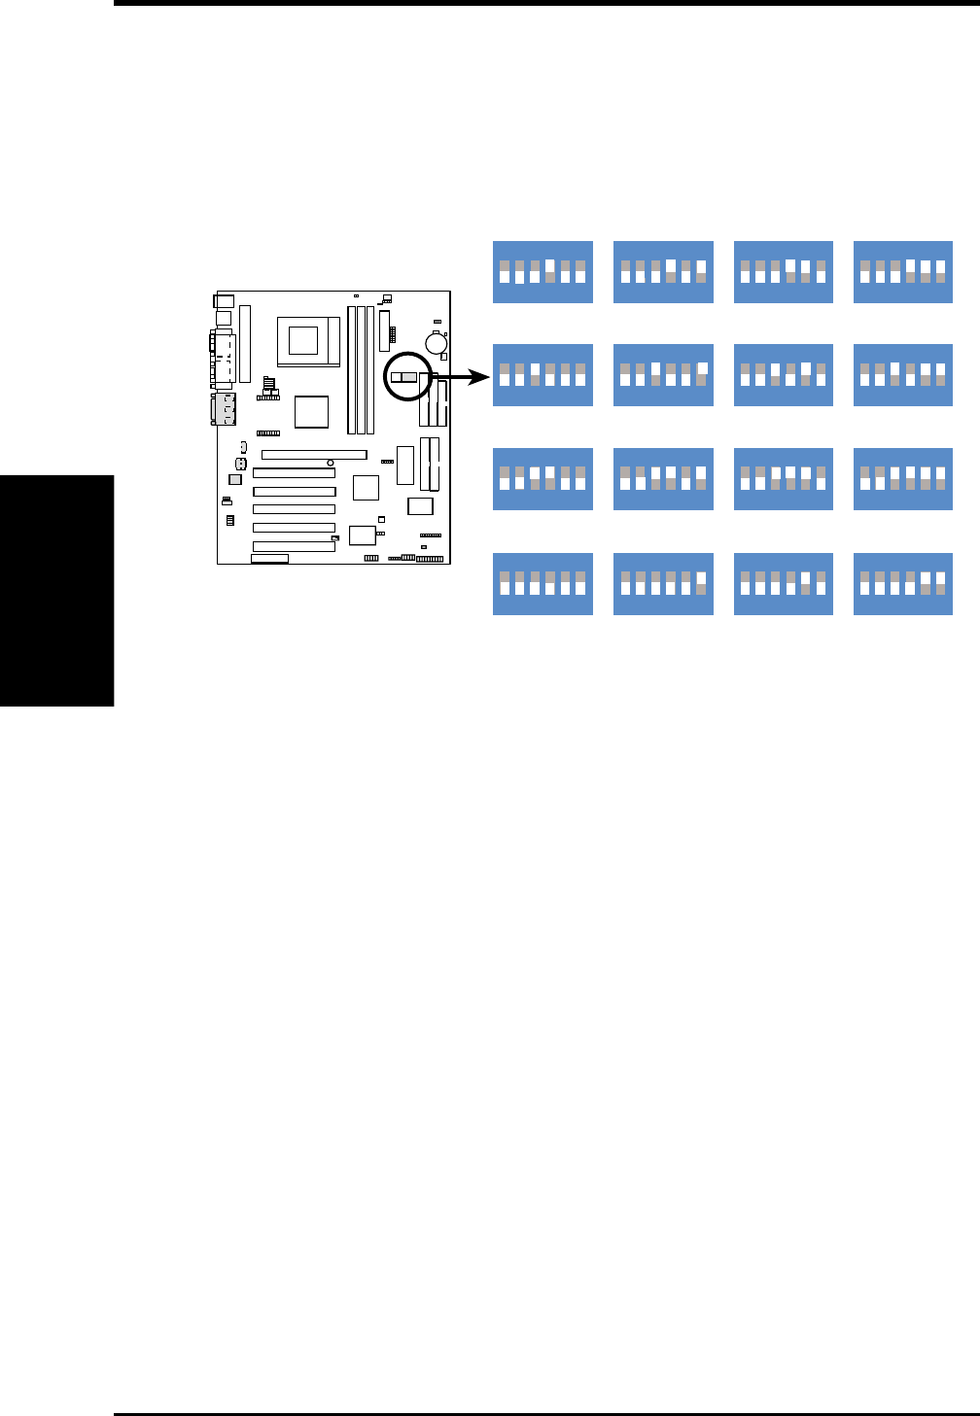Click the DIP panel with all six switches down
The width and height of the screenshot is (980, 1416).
coord(542,584)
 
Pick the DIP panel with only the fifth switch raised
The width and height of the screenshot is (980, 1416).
coord(783,584)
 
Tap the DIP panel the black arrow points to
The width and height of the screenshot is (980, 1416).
coord(542,375)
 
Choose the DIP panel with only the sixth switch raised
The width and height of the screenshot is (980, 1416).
coord(663,584)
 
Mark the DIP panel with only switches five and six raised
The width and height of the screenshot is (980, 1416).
coord(903,584)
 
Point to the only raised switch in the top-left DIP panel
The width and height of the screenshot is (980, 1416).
coord(549,265)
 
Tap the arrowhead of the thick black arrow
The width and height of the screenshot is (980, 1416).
coord(481,376)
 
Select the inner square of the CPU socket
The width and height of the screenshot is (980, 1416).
coord(303,340)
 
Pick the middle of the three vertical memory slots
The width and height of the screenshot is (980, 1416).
coord(361,369)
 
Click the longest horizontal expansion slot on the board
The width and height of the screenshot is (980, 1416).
coord(314,454)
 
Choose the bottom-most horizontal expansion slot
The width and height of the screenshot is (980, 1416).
coord(294,546)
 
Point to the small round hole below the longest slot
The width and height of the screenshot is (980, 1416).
coord(331,463)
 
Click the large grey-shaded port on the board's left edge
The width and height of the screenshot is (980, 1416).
coord(225,410)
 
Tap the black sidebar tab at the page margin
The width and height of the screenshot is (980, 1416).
coord(56,591)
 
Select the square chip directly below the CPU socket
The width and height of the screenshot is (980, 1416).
coord(311,411)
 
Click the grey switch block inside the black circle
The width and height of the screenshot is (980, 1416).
coord(410,376)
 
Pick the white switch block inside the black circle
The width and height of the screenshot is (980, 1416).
coord(397,376)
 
